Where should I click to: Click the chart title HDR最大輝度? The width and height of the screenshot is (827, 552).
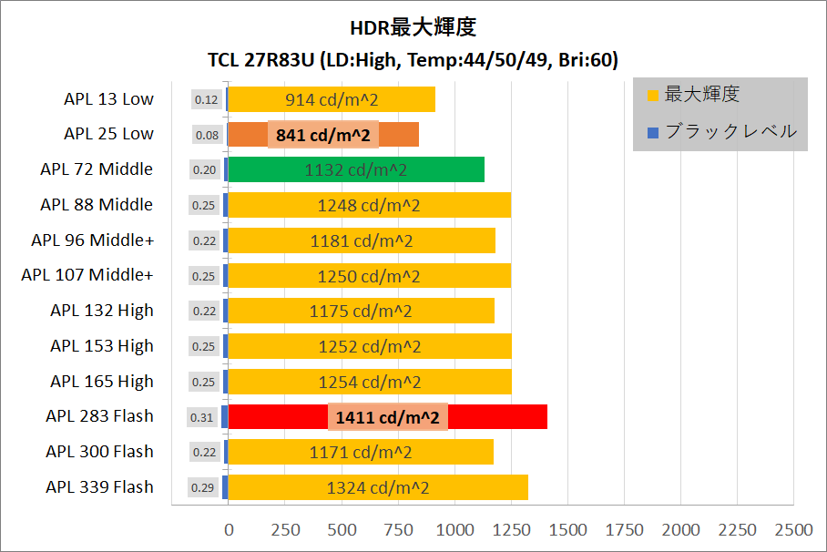point(413,26)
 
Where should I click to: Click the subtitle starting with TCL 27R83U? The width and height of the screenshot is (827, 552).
point(413,61)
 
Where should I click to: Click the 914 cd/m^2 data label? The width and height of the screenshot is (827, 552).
point(331,99)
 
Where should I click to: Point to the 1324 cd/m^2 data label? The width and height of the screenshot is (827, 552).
point(378,487)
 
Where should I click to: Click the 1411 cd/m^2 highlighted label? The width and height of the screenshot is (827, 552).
point(388,417)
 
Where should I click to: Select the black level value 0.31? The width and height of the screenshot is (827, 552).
point(202,417)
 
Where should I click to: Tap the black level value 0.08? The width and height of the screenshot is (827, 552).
point(207,135)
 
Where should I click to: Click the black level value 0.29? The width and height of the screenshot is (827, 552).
point(202,487)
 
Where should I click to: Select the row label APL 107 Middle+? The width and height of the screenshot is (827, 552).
point(87,275)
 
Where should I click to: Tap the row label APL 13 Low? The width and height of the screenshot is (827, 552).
point(109,99)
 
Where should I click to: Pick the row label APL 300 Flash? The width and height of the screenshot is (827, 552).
point(100,452)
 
